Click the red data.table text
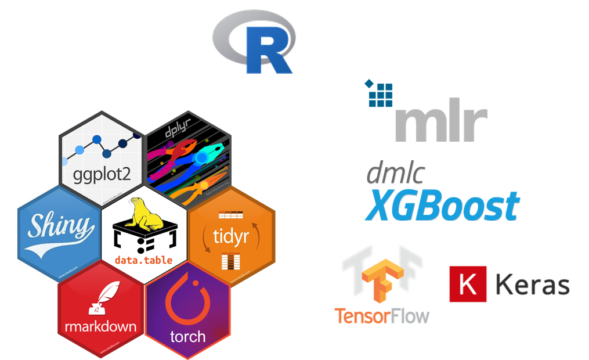coord(144,260)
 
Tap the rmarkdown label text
coord(101,326)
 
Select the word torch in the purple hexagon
coord(187,336)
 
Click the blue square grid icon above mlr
coord(381,93)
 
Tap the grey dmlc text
coord(395,174)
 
